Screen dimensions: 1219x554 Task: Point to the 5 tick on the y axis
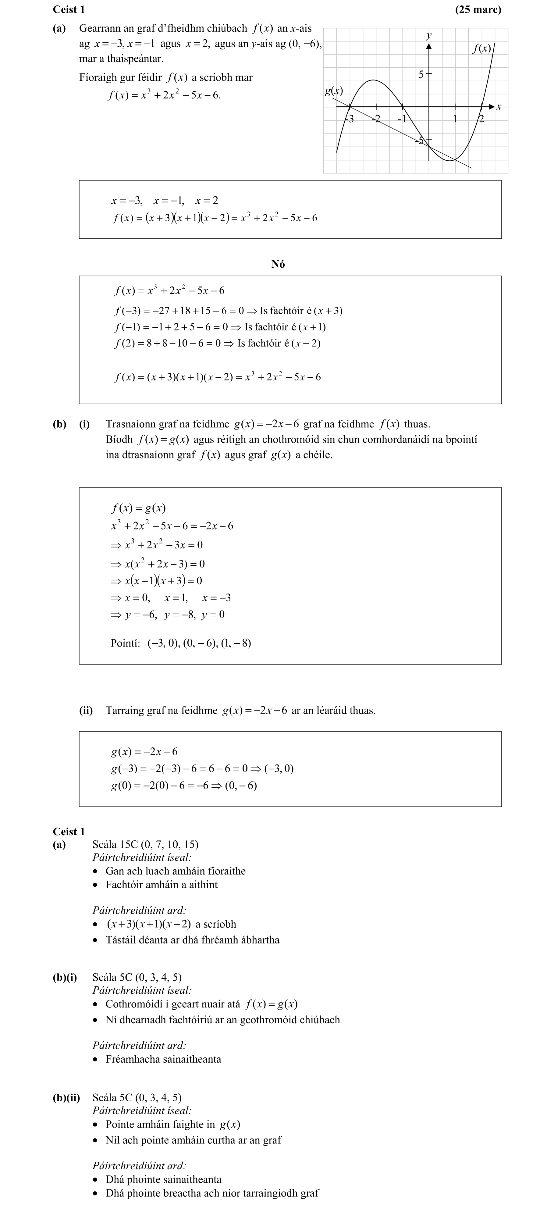click(x=421, y=74)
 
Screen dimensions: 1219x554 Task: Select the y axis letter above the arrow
click(x=429, y=35)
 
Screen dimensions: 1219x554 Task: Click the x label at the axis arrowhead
click(x=499, y=107)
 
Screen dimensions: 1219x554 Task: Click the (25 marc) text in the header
click(x=478, y=9)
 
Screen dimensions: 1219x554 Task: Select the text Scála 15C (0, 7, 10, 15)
click(x=145, y=844)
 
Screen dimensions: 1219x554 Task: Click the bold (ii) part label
click(x=86, y=710)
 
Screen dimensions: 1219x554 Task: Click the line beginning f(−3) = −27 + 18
click(x=228, y=311)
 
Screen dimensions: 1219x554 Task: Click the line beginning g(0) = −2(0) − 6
click(x=183, y=786)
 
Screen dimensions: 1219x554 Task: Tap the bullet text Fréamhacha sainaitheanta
click(x=163, y=1059)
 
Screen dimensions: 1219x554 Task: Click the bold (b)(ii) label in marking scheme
click(x=66, y=1097)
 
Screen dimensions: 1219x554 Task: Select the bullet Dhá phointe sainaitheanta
click(x=163, y=1179)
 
